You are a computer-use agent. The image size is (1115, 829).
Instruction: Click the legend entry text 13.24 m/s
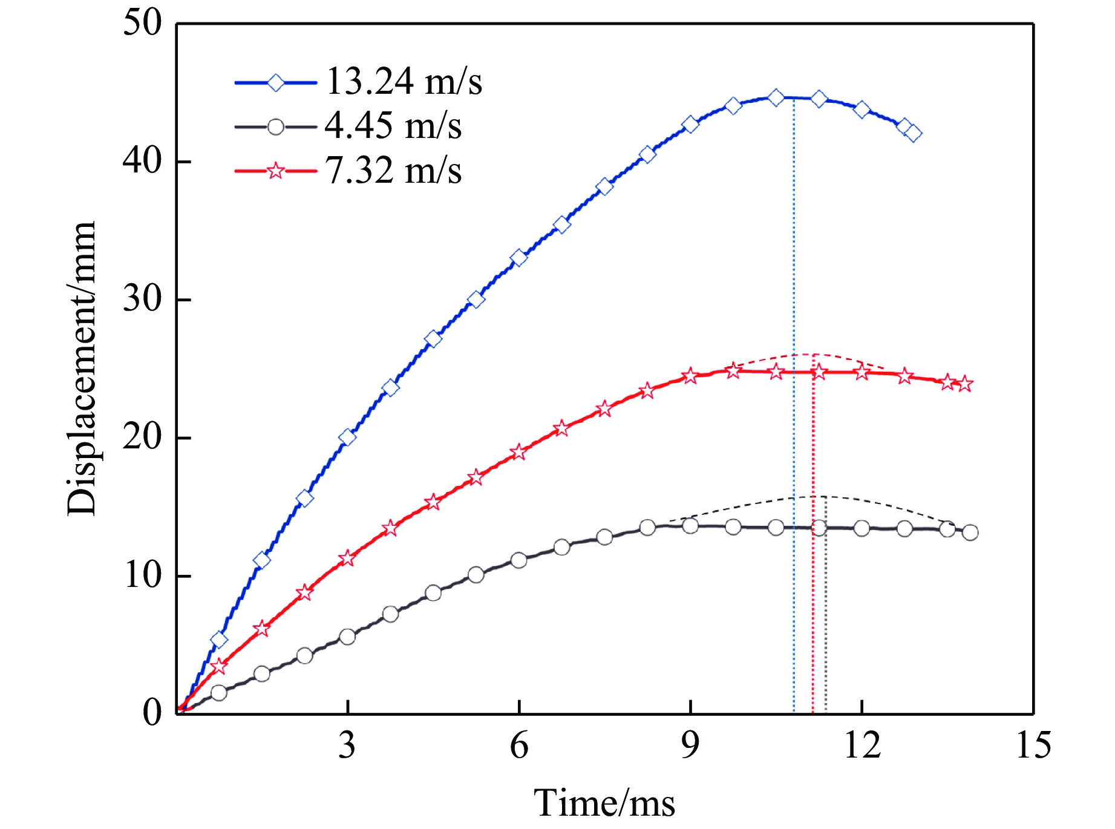pyautogui.click(x=404, y=82)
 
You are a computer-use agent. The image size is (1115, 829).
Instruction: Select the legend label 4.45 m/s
pyautogui.click(x=393, y=126)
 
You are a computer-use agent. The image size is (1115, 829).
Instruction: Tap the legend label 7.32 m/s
pyautogui.click(x=393, y=171)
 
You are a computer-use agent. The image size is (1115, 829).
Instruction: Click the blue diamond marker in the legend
pyautogui.click(x=275, y=82)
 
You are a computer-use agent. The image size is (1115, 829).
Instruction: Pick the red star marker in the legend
pyautogui.click(x=275, y=171)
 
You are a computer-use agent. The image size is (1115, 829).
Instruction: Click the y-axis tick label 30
pyautogui.click(x=143, y=299)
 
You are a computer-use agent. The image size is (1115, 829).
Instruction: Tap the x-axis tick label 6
pyautogui.click(x=518, y=745)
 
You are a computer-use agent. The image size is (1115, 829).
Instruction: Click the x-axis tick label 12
pyautogui.click(x=862, y=745)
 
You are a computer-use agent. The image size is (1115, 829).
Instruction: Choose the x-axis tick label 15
pyautogui.click(x=1033, y=745)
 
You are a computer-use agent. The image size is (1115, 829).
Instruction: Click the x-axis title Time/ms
pyautogui.click(x=604, y=804)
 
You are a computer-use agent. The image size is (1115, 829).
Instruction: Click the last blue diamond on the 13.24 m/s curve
pyautogui.click(x=914, y=133)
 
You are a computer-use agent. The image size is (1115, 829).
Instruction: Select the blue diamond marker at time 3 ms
pyautogui.click(x=347, y=437)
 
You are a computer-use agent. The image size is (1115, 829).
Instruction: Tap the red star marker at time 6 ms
pyautogui.click(x=518, y=452)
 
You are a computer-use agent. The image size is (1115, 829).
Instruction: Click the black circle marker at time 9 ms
pyautogui.click(x=690, y=526)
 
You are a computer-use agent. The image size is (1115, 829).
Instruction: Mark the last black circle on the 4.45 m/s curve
pyautogui.click(x=970, y=532)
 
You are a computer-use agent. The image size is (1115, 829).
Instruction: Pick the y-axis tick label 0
pyautogui.click(x=152, y=713)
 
